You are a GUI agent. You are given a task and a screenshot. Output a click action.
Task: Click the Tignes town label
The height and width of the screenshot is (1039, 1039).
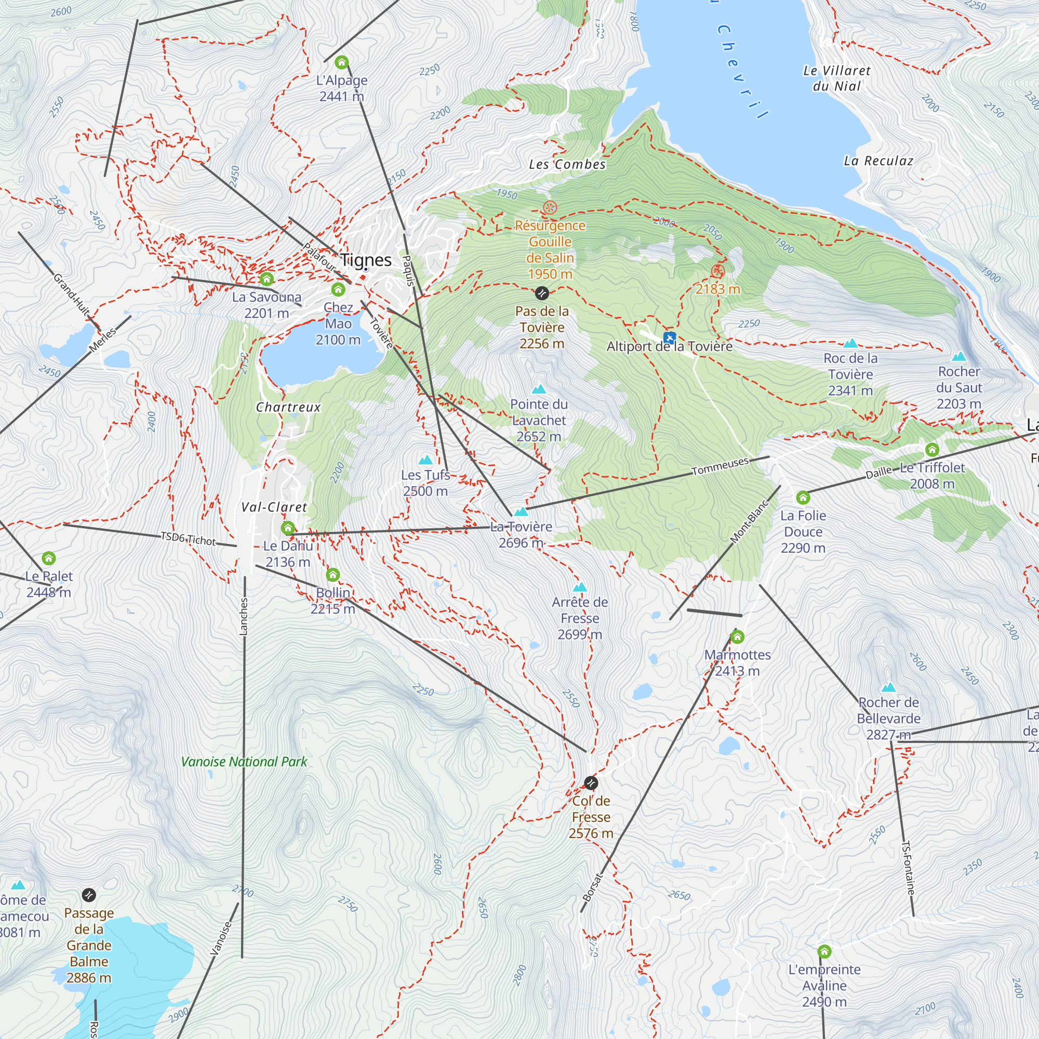coord(366,260)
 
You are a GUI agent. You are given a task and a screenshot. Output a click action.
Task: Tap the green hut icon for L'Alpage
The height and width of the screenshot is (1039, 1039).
coord(341,62)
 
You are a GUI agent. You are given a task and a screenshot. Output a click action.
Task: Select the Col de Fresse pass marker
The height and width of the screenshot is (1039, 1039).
coord(591,782)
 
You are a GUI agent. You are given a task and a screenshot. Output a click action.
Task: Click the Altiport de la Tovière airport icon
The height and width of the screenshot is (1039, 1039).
coord(669,338)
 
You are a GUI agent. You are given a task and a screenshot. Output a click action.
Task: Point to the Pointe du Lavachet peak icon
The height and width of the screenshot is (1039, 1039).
coord(538,389)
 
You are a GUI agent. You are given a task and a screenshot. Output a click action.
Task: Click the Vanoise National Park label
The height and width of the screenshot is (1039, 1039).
coord(244,762)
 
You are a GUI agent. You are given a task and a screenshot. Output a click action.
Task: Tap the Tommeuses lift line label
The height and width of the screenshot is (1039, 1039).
coord(720,467)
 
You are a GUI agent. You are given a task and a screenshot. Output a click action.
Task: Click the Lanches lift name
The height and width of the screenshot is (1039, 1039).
coord(244,616)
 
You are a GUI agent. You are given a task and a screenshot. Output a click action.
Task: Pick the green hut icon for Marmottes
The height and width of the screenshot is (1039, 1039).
coord(737,637)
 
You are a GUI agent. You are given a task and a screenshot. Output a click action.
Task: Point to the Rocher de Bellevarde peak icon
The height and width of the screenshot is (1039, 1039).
coord(888,687)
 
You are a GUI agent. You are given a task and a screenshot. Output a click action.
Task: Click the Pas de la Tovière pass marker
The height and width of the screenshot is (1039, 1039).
coord(541,293)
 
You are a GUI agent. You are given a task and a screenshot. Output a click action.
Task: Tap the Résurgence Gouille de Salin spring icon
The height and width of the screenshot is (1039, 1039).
coord(550,208)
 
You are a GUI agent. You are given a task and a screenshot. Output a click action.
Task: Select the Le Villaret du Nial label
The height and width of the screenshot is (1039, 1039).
coord(836,78)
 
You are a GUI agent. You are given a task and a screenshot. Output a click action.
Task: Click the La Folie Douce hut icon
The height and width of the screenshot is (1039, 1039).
coord(803,498)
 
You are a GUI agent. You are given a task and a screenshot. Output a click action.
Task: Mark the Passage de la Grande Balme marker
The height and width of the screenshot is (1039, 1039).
coord(89,895)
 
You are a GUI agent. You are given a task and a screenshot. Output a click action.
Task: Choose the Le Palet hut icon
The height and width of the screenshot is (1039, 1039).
coord(48,558)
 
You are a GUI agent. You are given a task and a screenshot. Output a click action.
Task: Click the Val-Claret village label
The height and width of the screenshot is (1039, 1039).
coord(274,507)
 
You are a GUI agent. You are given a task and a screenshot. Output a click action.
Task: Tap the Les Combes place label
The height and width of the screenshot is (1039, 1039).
coord(567,165)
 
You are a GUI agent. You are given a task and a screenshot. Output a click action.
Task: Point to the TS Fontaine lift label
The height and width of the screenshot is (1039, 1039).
coord(908,868)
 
